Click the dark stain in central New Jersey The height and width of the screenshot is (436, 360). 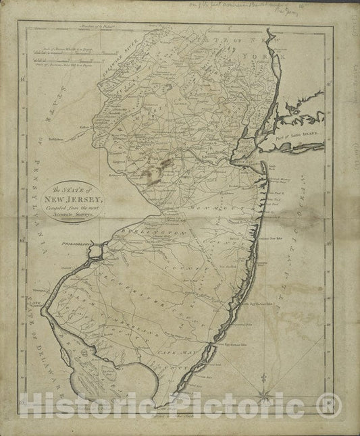click(x=153, y=171)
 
